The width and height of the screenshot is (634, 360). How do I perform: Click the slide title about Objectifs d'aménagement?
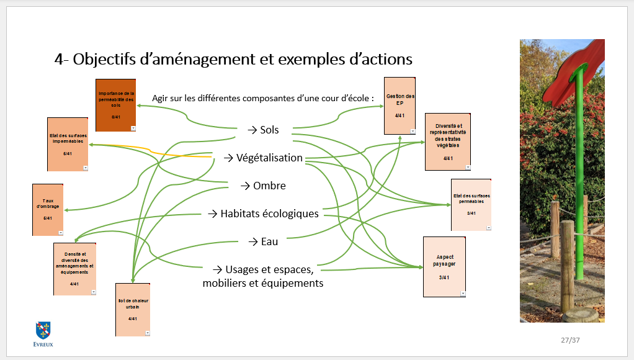click(233, 60)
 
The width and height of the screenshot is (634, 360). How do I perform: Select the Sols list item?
click(263, 130)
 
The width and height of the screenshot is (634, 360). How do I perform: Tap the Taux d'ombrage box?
click(48, 209)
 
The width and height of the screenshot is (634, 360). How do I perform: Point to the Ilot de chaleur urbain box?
click(133, 309)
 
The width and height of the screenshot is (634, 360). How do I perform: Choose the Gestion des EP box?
click(400, 106)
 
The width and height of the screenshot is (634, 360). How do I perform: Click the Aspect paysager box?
click(444, 266)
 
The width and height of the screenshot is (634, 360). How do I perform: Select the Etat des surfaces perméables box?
click(471, 204)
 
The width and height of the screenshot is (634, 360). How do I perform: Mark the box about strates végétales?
click(447, 142)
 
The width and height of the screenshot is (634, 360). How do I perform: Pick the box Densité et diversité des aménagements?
click(74, 269)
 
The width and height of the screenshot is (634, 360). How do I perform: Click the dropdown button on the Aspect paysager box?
click(462, 293)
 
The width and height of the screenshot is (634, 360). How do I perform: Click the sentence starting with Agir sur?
click(264, 98)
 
